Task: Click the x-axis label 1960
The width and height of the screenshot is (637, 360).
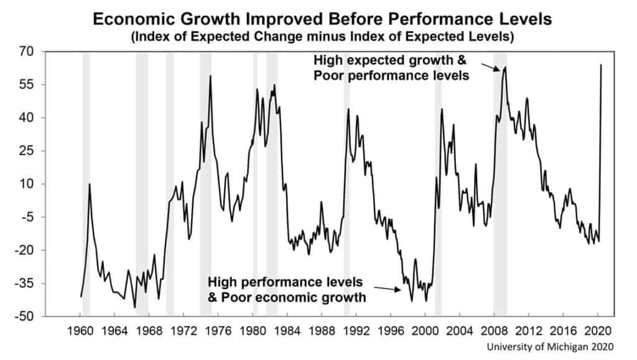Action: (x=80, y=330)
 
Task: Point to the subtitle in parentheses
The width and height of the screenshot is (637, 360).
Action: (x=322, y=37)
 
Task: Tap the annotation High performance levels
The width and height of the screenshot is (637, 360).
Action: (x=286, y=282)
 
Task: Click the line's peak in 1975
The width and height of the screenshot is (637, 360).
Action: (x=210, y=76)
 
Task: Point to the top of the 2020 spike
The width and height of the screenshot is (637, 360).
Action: (x=601, y=65)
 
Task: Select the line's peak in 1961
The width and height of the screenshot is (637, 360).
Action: (x=90, y=183)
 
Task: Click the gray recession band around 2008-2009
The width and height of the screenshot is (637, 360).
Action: (x=500, y=187)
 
